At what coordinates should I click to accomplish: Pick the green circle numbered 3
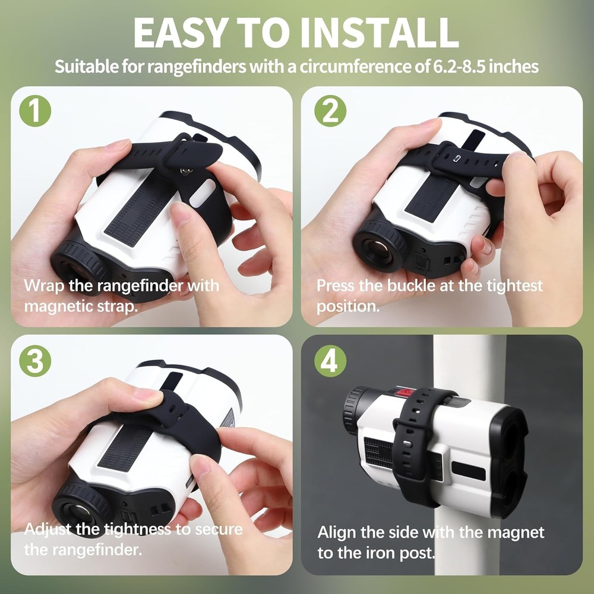tap(35, 361)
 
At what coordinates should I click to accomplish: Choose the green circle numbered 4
tap(330, 361)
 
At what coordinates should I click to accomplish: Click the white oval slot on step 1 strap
tap(202, 192)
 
